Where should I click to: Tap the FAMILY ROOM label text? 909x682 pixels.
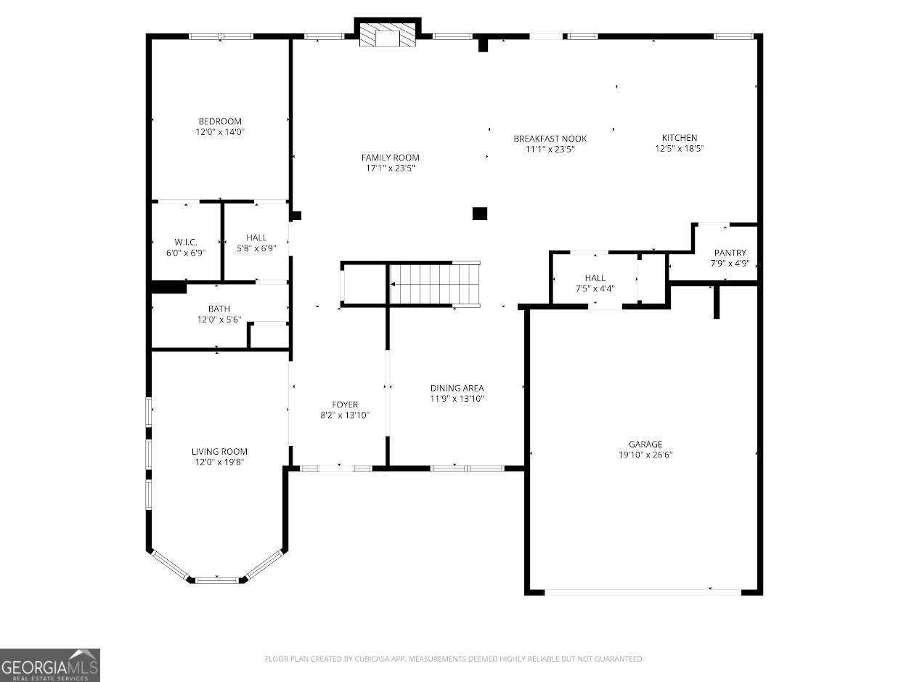point(390,158)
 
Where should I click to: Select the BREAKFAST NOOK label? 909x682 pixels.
point(550,139)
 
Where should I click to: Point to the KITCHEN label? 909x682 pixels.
point(679,138)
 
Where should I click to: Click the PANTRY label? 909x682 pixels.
point(730,253)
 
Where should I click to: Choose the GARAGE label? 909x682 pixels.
point(645,444)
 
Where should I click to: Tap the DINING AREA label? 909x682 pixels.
point(457,388)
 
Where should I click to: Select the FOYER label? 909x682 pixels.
point(345,405)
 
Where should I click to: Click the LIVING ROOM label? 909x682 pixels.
point(219,451)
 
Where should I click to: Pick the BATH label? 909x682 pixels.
point(219,309)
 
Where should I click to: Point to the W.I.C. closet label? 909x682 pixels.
point(186,242)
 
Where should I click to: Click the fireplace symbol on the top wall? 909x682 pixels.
point(388,35)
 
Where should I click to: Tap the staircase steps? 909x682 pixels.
point(434,283)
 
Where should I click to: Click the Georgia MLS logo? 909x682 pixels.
point(50,665)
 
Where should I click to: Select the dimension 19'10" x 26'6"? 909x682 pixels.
point(645,455)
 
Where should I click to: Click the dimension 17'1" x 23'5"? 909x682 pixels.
point(390,169)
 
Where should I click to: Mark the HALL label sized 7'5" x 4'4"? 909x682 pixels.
point(595,278)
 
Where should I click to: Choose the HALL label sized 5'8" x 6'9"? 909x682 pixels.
point(256,238)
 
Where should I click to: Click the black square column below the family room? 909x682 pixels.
point(479,214)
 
